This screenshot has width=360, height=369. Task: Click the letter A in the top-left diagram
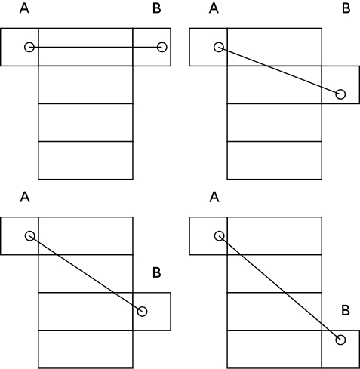coord(24,8)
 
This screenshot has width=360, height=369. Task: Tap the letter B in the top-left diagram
coord(157,8)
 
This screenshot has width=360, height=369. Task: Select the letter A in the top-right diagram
coord(214,8)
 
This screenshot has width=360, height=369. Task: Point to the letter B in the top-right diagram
coord(346,8)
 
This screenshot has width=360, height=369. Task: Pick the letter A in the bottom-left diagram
coord(25,198)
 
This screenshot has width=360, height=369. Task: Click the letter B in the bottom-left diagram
coord(157,272)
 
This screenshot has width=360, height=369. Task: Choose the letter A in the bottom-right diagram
coord(214,198)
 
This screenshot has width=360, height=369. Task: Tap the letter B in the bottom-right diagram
coord(346,311)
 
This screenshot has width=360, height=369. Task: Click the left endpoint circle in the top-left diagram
coord(29,47)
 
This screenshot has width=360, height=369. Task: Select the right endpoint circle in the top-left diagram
coord(162,47)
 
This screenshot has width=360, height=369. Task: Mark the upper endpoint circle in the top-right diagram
coord(219,47)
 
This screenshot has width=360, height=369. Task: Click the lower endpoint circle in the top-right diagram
coord(340,94)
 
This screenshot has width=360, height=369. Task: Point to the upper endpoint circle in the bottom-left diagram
coord(29,236)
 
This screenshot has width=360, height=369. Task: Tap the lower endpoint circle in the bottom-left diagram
coord(142,312)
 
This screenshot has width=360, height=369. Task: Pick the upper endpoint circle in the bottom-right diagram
coord(219,236)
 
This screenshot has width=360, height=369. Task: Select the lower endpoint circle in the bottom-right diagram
coord(340,340)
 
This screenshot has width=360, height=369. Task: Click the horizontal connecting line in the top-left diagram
coord(96,47)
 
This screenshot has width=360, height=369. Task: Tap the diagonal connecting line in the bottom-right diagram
coord(280,288)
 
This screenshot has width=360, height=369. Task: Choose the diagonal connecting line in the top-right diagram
coord(279,71)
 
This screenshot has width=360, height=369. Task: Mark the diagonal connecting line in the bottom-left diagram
coord(86,274)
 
